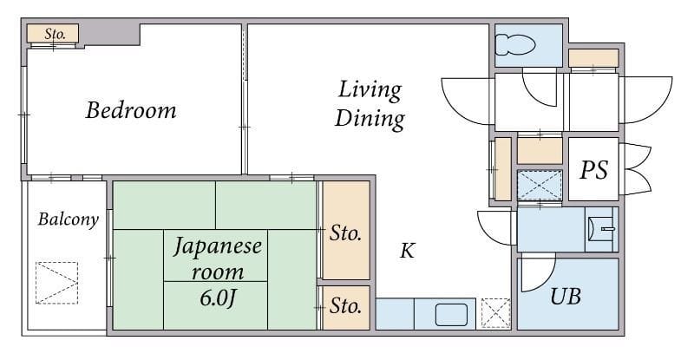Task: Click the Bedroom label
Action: click(x=131, y=110)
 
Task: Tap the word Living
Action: click(x=370, y=90)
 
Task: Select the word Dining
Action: click(x=370, y=119)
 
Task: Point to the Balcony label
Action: click(x=68, y=219)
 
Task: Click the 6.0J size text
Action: click(x=217, y=298)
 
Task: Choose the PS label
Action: click(x=593, y=170)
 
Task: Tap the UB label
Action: click(x=566, y=296)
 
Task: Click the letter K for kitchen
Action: click(x=407, y=251)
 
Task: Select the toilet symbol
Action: click(x=515, y=45)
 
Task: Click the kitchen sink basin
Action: click(x=451, y=314)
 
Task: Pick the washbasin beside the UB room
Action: click(x=601, y=229)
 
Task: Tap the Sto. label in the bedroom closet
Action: click(x=55, y=34)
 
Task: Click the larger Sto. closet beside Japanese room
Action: click(x=346, y=230)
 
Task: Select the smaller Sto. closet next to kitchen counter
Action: click(x=346, y=307)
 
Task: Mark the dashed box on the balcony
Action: click(x=56, y=283)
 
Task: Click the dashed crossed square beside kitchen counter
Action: click(x=495, y=313)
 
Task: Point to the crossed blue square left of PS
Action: click(x=540, y=185)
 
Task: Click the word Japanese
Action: click(x=218, y=246)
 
